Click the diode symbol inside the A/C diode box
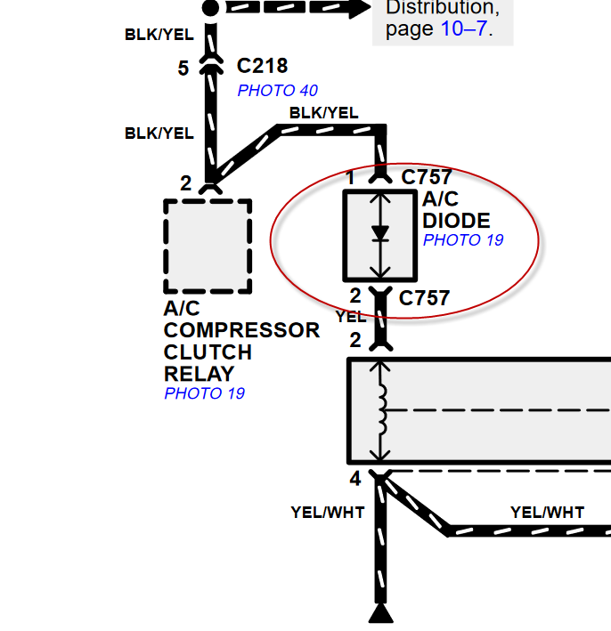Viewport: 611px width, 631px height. coord(380,234)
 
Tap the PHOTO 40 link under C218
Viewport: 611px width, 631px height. coord(277,90)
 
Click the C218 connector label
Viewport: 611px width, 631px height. coord(263,67)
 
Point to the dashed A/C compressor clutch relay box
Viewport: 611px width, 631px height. coord(208,247)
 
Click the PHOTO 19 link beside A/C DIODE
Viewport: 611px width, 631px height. coord(463,239)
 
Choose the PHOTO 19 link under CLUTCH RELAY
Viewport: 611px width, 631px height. coord(204,392)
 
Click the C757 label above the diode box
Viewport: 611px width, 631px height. coord(427,177)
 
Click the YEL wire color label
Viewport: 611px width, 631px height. coord(350,316)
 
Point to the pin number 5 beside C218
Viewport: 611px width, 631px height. coord(183,69)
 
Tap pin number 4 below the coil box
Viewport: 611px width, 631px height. coord(354,480)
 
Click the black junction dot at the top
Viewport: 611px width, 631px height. coord(210,8)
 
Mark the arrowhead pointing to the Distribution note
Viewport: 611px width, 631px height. coord(358,7)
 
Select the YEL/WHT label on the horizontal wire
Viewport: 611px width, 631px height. coord(547,512)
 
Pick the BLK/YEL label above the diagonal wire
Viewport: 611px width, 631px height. coord(323,113)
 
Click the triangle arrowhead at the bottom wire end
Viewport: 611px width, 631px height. coord(381,615)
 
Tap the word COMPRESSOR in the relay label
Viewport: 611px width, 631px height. coord(241,330)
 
